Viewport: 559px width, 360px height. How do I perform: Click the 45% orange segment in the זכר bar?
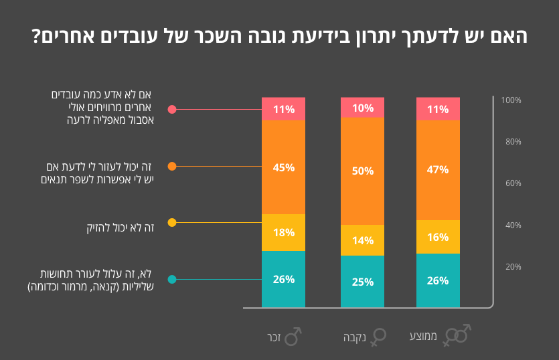coord(283,167)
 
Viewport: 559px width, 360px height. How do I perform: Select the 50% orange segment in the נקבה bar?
coord(362,171)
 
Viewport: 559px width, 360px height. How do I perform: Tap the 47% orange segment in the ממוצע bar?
coord(438,170)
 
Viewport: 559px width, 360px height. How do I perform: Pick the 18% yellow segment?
coord(283,232)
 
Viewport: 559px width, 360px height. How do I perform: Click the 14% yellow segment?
coord(362,240)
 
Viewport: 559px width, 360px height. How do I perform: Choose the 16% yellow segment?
coord(438,237)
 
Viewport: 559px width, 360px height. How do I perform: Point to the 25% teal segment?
coord(362,282)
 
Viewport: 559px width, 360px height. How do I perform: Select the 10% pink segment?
coord(362,107)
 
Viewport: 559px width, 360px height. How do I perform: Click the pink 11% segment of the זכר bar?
coord(283,109)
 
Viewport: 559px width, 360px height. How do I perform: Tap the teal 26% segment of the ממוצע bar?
coord(438,280)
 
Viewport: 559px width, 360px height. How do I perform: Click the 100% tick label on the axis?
coord(511,100)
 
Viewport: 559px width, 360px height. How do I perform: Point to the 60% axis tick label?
coord(512,183)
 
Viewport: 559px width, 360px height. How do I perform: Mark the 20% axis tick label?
coord(512,267)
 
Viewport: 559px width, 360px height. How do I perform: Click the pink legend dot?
coord(172,109)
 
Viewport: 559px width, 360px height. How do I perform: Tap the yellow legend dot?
coord(172,222)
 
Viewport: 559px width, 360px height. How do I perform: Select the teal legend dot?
coord(172,279)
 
